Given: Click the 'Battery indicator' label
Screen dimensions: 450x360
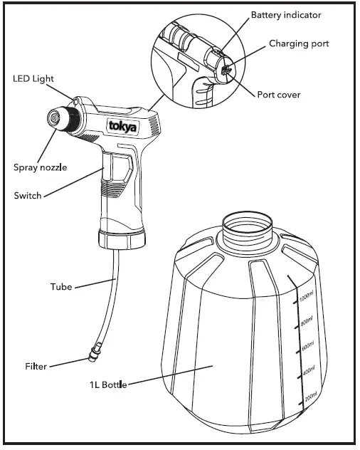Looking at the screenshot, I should pos(285,14).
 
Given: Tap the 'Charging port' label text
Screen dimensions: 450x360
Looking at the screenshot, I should pos(299,44).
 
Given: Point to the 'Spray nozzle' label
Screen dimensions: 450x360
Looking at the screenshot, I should pos(40,168).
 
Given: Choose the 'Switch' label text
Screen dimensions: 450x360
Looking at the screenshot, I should pos(28,195).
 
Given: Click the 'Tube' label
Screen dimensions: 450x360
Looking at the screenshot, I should pos(61,288).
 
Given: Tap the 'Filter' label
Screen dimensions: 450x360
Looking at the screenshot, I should pos(35,367).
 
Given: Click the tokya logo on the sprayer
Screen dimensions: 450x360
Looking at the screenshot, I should pos(125,125).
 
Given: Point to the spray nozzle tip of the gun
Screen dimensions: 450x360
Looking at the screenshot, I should pos(53,117).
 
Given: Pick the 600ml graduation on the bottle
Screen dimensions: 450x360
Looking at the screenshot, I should pos(308,346).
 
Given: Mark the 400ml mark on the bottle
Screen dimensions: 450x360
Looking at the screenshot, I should pos(309,371).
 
